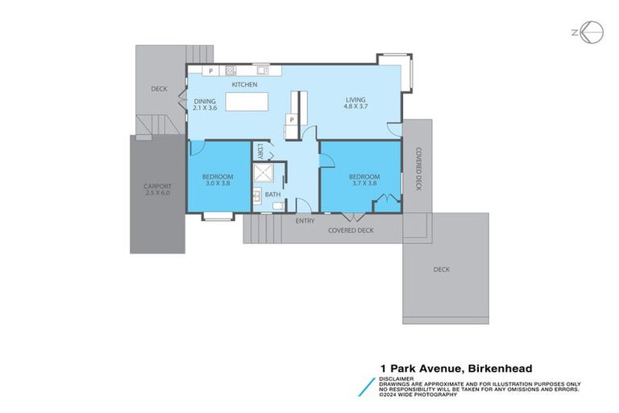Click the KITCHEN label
pos(244,85)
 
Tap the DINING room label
pos(205,102)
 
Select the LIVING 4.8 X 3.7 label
pos(355,101)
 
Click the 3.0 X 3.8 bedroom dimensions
pos(218,183)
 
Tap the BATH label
pos(272,194)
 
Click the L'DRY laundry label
pos(260,151)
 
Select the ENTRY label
pos(305,221)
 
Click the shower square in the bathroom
pos(264,174)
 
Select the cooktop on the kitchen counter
pos(231,70)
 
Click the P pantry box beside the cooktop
pos(211,71)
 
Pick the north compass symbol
pos(590,31)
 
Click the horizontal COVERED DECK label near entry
pos(351,231)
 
